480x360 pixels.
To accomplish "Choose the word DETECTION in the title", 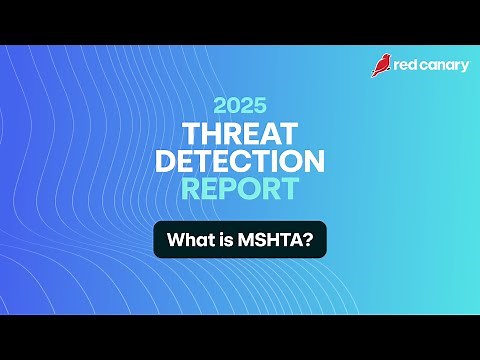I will pos(240,161).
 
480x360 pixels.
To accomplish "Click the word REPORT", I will pos(240,188).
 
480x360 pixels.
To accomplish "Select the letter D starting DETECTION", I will pos(165,161).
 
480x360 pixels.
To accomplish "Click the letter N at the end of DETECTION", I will pos(315,161).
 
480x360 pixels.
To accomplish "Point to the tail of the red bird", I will pos(375,74).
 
